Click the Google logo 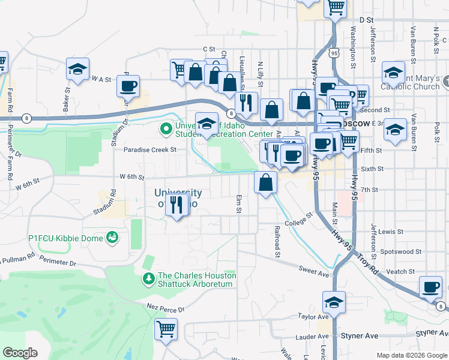(20, 353)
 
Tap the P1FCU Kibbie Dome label (66, 238)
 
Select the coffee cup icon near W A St (128, 86)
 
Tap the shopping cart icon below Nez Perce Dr (166, 329)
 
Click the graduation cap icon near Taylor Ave (334, 302)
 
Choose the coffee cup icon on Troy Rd (430, 287)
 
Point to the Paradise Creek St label (150, 149)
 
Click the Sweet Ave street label (315, 274)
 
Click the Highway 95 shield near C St (333, 53)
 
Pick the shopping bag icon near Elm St (265, 182)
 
